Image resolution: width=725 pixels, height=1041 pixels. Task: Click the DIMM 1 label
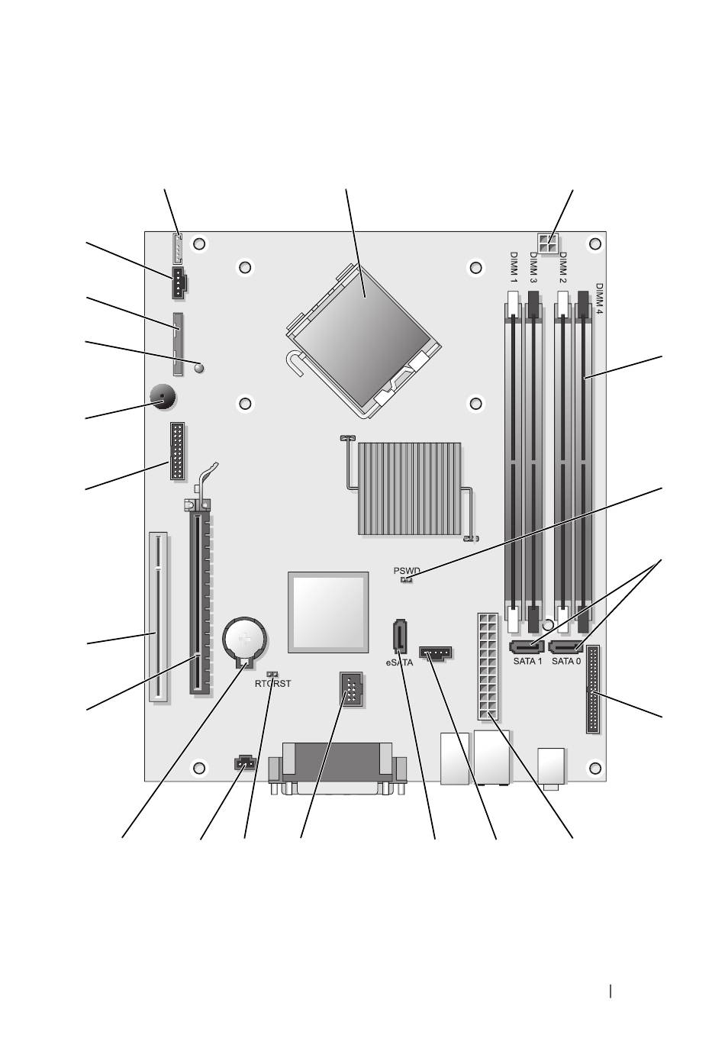click(513, 267)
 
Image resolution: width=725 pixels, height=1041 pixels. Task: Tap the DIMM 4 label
click(598, 299)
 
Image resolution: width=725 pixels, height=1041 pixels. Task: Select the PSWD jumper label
click(407, 571)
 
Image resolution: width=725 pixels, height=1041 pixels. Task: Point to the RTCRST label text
click(272, 684)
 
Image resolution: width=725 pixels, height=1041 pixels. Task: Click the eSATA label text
click(399, 663)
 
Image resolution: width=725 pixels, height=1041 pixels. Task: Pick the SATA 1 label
click(527, 661)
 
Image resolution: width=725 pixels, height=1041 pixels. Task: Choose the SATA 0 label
click(566, 661)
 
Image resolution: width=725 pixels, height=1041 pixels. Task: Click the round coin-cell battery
click(246, 640)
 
